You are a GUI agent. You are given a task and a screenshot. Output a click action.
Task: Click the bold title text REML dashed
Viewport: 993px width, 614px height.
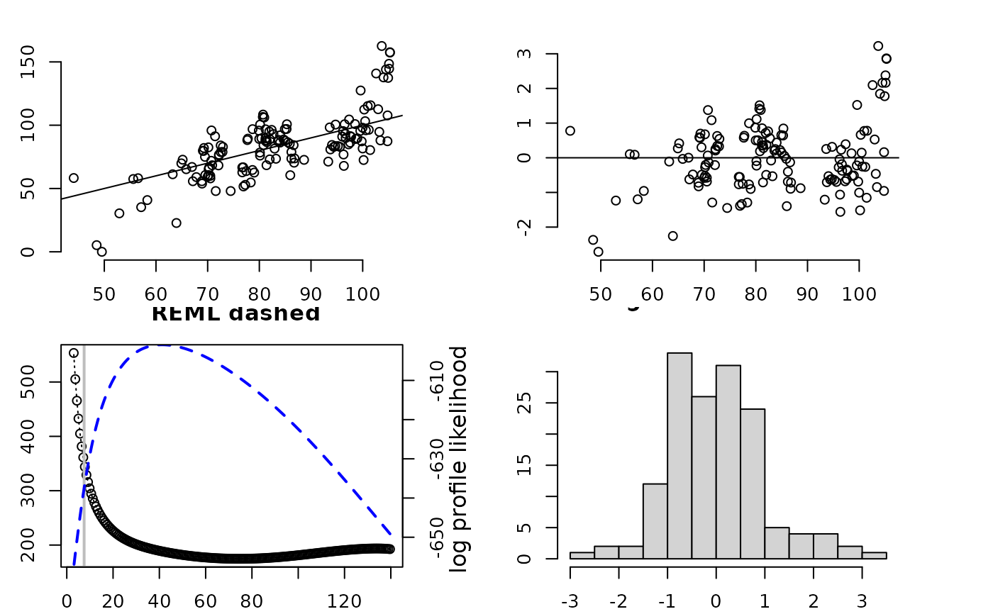tap(235, 313)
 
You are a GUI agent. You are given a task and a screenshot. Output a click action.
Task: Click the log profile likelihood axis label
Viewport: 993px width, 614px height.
tap(460, 459)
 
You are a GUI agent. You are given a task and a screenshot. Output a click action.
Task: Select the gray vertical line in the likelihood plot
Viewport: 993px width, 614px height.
tap(84, 454)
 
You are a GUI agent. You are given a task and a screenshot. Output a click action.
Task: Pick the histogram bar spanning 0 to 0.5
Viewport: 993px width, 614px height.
tap(728, 462)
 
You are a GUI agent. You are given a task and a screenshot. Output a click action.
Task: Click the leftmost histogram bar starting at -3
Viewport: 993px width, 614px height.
tap(582, 555)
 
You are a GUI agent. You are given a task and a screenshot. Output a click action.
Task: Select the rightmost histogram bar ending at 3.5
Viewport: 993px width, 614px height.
tap(874, 555)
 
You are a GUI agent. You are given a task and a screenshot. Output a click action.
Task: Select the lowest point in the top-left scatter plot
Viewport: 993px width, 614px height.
tap(101, 252)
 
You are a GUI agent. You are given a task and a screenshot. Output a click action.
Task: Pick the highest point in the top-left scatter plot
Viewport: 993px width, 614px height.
tap(382, 46)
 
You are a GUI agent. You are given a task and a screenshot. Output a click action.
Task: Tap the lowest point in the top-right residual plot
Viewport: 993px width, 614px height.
tap(598, 252)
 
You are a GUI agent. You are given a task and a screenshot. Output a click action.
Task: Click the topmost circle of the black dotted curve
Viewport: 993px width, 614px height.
tap(74, 353)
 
